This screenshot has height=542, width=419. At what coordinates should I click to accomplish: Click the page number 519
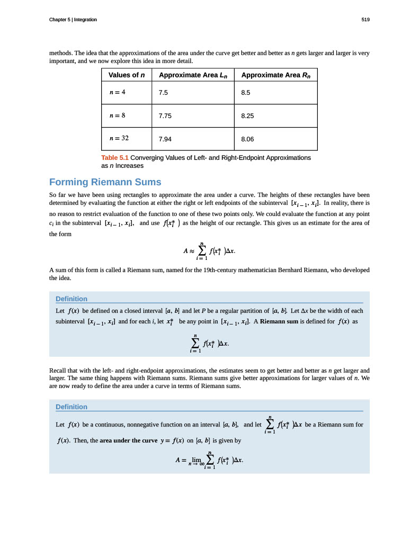(x=365, y=20)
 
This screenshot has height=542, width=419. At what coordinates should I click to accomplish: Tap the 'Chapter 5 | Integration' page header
(x=73, y=20)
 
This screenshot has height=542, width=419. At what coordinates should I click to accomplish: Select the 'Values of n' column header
(x=127, y=75)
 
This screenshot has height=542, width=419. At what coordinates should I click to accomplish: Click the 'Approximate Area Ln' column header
(x=193, y=75)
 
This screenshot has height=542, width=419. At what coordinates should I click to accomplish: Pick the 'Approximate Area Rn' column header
(x=275, y=75)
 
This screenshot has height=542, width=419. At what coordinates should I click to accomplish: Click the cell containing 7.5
(x=163, y=93)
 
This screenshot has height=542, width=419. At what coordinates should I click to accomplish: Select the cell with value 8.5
(x=245, y=93)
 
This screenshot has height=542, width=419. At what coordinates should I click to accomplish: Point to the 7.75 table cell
(x=165, y=116)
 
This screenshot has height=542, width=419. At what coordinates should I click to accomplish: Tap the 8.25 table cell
(x=247, y=116)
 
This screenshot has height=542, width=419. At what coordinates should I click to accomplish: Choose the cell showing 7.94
(x=165, y=139)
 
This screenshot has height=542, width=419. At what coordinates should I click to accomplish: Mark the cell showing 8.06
(x=247, y=139)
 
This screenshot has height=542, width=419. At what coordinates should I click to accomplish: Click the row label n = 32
(x=119, y=138)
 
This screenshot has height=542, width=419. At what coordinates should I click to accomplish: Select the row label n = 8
(x=117, y=115)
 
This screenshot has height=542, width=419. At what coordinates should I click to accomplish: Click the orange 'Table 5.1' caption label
(x=114, y=158)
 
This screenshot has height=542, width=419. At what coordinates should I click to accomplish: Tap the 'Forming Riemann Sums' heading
(x=105, y=182)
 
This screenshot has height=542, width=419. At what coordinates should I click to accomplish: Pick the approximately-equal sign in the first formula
(x=193, y=251)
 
